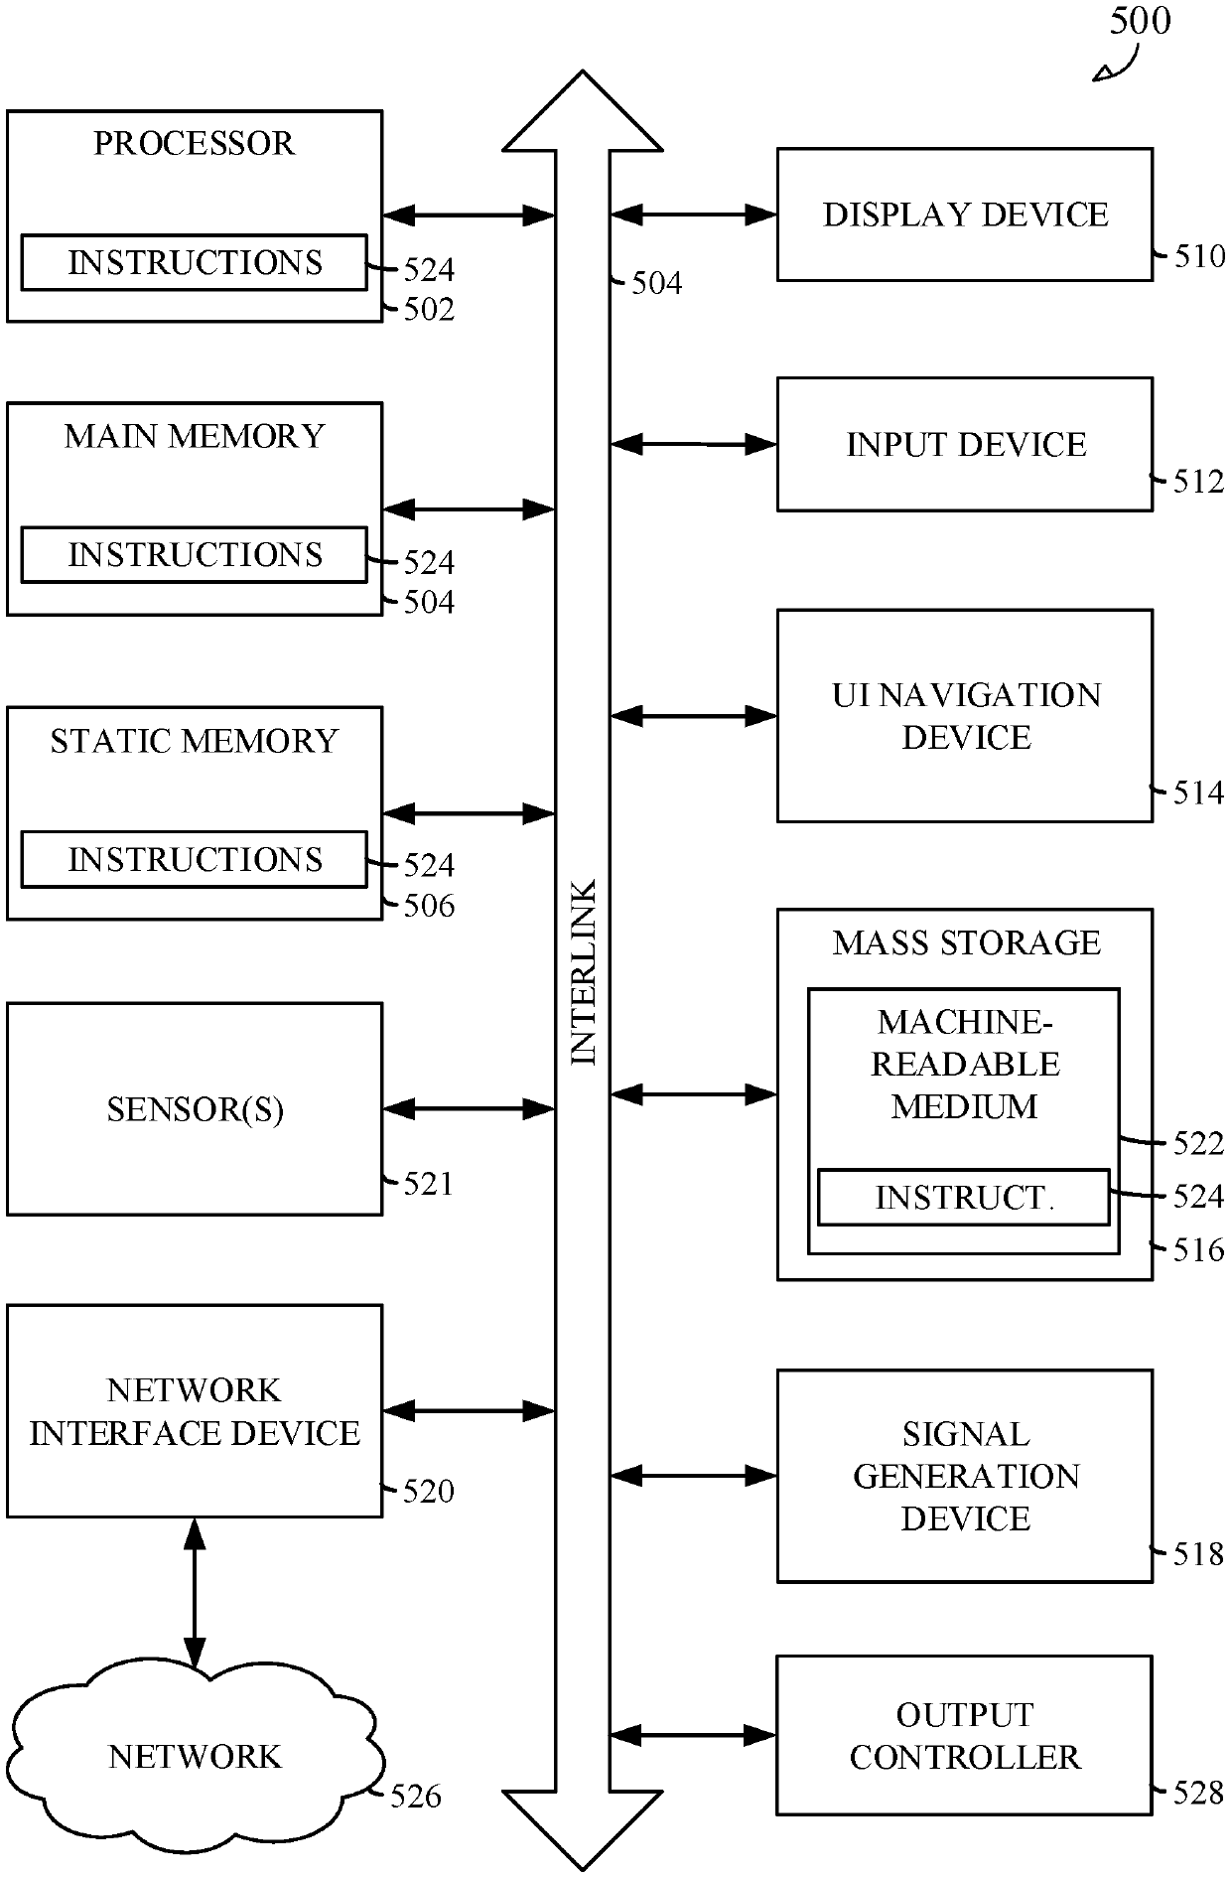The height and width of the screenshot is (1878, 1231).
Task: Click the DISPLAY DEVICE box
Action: pos(964,215)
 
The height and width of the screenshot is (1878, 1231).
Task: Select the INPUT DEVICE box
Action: pos(964,444)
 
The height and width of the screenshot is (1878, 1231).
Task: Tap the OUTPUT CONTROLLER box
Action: pos(964,1735)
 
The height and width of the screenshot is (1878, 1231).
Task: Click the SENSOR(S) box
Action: pos(195,1108)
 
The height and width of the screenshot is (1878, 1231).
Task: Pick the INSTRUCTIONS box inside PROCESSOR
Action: pos(195,262)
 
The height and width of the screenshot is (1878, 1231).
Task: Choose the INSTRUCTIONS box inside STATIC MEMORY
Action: pos(195,859)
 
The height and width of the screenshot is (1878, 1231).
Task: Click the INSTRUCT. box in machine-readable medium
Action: pos(963,1197)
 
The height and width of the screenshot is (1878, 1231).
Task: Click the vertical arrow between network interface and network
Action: pos(195,1593)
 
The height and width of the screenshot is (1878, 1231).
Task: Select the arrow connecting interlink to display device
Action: pos(693,214)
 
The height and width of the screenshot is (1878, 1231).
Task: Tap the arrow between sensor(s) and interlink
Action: pos(468,1108)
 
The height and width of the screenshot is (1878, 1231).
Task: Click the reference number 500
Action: pos(1140,21)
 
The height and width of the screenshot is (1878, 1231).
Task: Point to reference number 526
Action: pos(415,1796)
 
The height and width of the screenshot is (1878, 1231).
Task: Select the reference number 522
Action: pos(1198,1144)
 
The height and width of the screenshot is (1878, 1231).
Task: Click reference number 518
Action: pos(1198,1554)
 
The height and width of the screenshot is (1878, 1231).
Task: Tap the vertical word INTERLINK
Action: pos(584,972)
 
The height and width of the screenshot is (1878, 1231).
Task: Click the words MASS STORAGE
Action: pos(966,942)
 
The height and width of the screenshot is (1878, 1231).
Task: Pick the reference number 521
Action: pos(428,1184)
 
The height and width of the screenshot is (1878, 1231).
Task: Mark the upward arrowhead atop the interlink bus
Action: pos(583,110)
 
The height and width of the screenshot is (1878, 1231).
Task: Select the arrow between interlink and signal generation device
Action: pos(693,1476)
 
